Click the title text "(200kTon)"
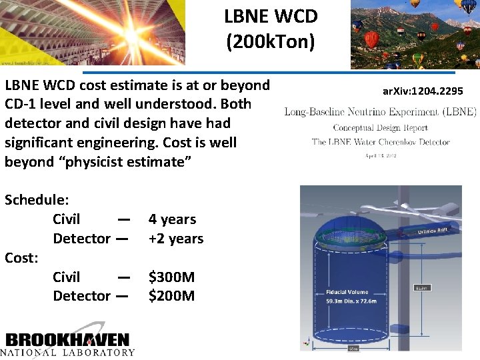[270, 41]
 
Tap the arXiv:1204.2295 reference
[423, 90]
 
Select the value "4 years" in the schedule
[172, 219]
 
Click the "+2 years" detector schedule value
[176, 238]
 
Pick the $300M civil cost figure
[171, 277]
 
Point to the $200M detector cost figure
[171, 295]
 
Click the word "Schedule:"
[39, 199]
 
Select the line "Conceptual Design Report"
[380, 127]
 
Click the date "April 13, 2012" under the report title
[380, 155]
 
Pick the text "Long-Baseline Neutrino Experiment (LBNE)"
[380, 111]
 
